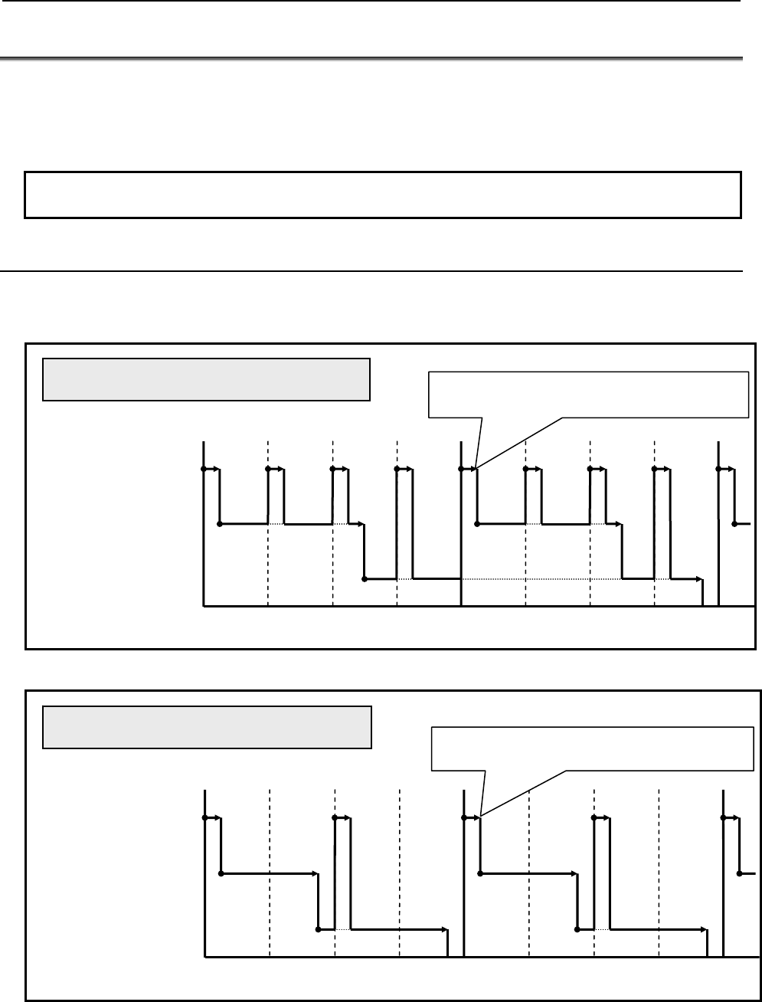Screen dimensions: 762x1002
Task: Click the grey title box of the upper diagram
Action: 206,378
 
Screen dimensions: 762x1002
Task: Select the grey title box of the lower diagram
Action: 207,727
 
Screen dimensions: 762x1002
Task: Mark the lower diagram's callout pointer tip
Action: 479,817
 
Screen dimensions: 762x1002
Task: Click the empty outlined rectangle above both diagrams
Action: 383,195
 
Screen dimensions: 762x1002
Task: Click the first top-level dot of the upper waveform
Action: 204,469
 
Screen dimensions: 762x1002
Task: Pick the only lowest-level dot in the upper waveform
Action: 365,579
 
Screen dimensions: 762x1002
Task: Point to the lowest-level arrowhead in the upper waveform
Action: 701,579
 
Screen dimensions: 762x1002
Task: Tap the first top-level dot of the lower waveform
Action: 204,818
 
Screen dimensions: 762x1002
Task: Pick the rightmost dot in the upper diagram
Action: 734,524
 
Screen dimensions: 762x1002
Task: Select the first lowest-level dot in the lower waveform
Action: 319,929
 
